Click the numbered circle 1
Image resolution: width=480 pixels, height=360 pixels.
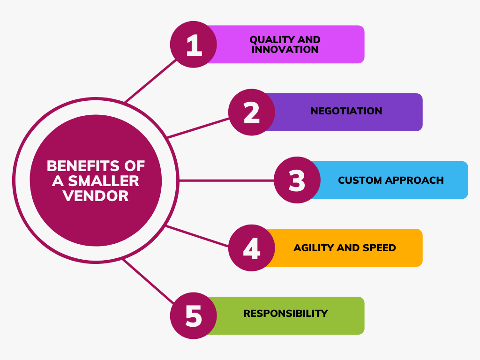click(x=194, y=45)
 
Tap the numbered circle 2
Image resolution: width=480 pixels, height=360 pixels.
click(x=252, y=112)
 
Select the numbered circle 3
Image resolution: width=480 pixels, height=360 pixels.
click(x=297, y=180)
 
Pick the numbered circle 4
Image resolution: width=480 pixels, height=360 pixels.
click(x=252, y=248)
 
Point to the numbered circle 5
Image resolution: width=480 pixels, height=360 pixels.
click(x=194, y=315)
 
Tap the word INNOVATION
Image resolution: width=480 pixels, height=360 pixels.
click(x=285, y=50)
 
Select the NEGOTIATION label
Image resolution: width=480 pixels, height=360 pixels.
click(x=346, y=111)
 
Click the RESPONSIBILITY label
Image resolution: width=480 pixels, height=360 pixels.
click(x=285, y=314)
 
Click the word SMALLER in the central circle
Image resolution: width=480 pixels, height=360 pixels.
click(x=104, y=181)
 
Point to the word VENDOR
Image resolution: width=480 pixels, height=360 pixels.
click(x=96, y=196)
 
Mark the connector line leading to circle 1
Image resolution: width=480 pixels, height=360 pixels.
click(x=150, y=81)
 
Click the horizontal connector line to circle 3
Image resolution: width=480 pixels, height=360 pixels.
click(x=226, y=180)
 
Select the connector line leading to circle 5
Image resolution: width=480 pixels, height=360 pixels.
click(x=148, y=281)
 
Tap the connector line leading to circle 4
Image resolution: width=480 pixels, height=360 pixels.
click(x=197, y=236)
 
